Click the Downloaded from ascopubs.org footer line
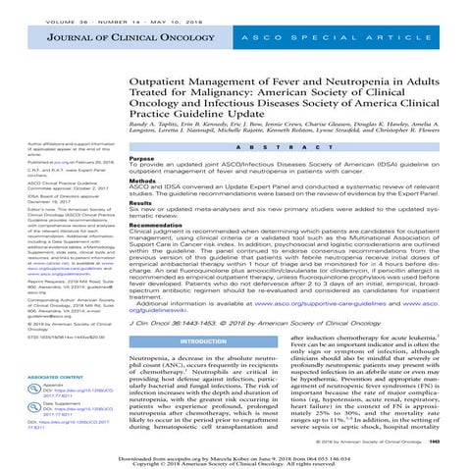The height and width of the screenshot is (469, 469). (x=234, y=457)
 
